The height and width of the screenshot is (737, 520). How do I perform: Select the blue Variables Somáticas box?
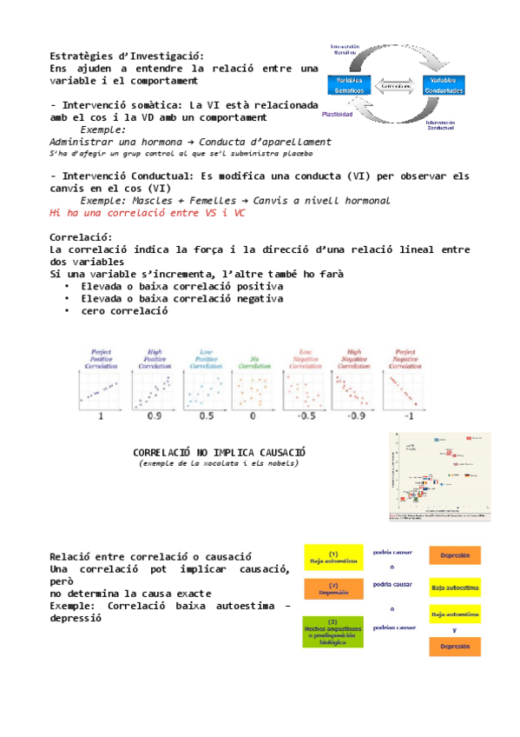pos(348,85)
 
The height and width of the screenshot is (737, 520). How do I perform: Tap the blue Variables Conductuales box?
pos(444,85)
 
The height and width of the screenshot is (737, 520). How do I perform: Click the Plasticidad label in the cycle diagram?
pos(337,114)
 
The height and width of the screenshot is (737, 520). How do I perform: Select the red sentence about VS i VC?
pos(147,212)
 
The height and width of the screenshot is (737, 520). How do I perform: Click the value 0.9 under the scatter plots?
pos(155,416)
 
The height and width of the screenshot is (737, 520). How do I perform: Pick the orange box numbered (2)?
pos(332,589)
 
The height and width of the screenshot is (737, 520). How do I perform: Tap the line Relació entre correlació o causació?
pos(150,556)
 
